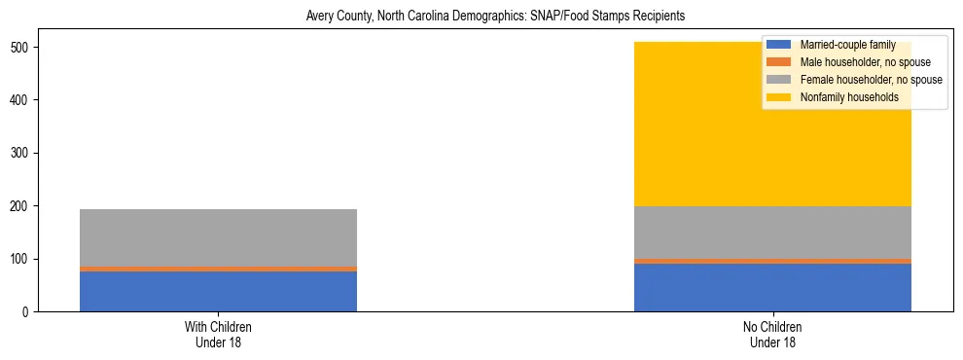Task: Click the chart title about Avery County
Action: tap(481, 17)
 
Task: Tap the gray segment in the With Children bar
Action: tap(218, 237)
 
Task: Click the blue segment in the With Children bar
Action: tap(218, 291)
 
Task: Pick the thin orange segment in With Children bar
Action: tap(218, 269)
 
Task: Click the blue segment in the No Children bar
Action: tap(772, 287)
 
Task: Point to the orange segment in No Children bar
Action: tap(772, 261)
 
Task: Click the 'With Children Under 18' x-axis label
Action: tap(218, 334)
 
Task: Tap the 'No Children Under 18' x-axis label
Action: tap(772, 334)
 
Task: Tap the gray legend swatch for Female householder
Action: tap(778, 80)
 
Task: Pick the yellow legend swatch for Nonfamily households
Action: tap(778, 97)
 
